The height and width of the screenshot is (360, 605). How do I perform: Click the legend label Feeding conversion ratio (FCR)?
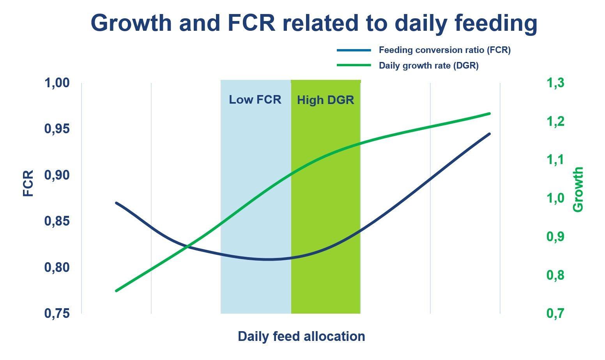pyautogui.click(x=444, y=50)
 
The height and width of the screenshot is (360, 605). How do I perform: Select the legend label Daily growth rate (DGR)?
pyautogui.click(x=428, y=66)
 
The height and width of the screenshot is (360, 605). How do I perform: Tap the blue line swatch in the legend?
pyautogui.click(x=354, y=50)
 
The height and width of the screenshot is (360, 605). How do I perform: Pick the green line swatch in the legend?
pyautogui.click(x=354, y=65)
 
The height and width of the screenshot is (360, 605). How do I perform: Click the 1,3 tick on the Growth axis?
pyautogui.click(x=555, y=83)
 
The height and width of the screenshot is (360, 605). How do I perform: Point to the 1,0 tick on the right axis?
pyautogui.click(x=555, y=198)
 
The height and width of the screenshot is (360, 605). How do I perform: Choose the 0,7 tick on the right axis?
pyautogui.click(x=555, y=313)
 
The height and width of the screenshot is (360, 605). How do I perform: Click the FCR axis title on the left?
pyautogui.click(x=28, y=183)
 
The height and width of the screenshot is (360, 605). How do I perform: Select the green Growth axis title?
pyautogui.click(x=578, y=189)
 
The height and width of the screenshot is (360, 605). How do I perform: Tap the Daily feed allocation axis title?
pyautogui.click(x=301, y=336)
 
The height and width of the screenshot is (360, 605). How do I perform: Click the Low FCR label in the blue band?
pyautogui.click(x=255, y=100)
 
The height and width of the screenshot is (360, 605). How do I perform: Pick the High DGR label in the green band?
pyautogui.click(x=325, y=100)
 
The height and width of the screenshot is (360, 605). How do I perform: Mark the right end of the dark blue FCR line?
pyautogui.click(x=489, y=134)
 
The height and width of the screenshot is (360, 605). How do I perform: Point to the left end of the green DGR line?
pyautogui.click(x=117, y=291)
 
